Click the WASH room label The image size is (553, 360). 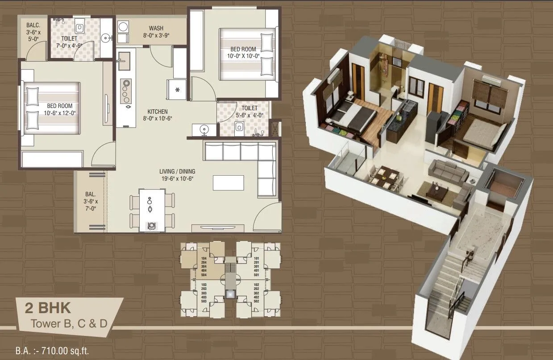pyautogui.click(x=156, y=31)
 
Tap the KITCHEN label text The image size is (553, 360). pyautogui.click(x=158, y=115)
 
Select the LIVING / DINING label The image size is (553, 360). pyautogui.click(x=177, y=175)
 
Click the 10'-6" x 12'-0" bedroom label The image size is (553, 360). pyautogui.click(x=59, y=109)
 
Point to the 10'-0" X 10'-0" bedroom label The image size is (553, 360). pyautogui.click(x=243, y=53)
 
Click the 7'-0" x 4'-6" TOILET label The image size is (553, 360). pyautogui.click(x=69, y=42)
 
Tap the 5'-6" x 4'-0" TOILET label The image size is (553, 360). pyautogui.click(x=249, y=112)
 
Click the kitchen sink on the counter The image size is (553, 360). pyautogui.click(x=124, y=61)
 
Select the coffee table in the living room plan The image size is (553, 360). pyautogui.click(x=229, y=182)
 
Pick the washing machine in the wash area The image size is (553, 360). pyautogui.click(x=122, y=27)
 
